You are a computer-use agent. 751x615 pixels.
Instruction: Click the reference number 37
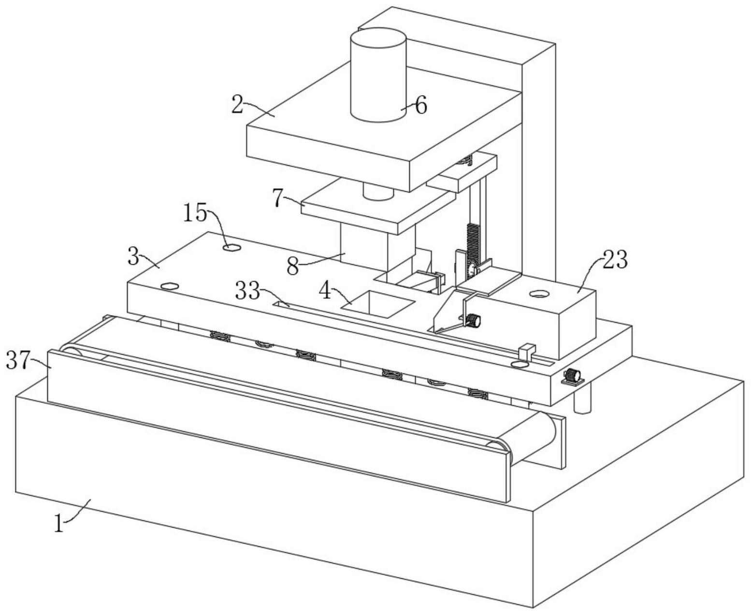(17, 360)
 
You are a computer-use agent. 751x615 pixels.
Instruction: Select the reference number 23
(615, 260)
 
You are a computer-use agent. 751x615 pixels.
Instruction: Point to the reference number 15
(195, 213)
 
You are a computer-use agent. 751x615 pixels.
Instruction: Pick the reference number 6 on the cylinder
(421, 105)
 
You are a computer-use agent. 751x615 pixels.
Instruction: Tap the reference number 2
(237, 104)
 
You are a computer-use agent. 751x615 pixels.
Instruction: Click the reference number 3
(133, 256)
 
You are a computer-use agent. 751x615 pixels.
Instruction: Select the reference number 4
(325, 291)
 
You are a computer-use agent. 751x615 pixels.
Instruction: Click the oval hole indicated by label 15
(232, 247)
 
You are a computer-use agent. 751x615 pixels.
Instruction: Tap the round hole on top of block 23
(539, 294)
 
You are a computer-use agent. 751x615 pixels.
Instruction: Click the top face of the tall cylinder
(378, 37)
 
